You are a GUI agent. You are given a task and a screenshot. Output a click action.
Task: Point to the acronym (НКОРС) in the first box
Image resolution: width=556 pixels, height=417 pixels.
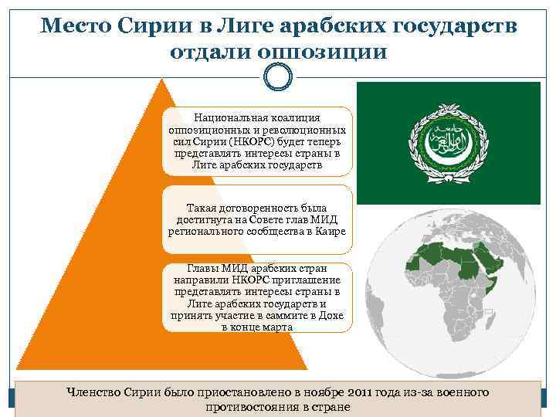[247, 141]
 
